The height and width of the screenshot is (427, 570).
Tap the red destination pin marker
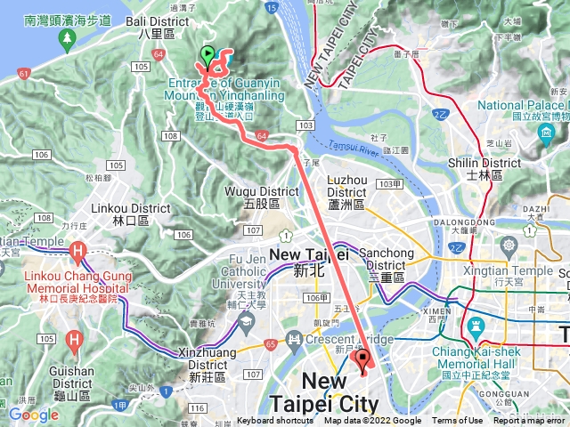coord(362,360)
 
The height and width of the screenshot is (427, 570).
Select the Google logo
coord(34,415)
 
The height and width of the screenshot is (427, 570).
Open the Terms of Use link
coord(458,421)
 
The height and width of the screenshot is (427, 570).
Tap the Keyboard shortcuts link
coord(275,421)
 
